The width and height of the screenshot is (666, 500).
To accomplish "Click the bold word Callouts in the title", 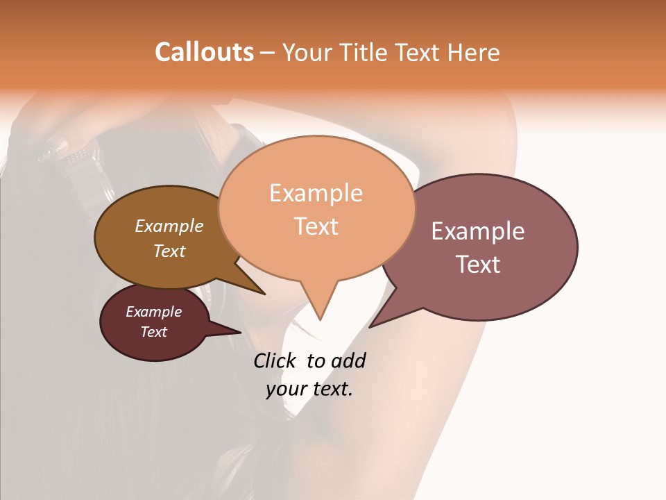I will coord(204,52).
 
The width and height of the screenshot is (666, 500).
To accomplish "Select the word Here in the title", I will coord(474,52).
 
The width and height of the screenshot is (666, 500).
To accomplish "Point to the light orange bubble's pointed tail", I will coord(320,309).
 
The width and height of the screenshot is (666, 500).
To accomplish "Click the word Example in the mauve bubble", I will coord(478,231).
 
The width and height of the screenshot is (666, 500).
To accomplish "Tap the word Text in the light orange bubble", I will coord(316,226).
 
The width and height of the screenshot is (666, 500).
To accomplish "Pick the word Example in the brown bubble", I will coord(169,226).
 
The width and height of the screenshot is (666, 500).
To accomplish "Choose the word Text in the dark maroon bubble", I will coord(154,332).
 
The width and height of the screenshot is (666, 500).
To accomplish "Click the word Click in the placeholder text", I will coord(274,360).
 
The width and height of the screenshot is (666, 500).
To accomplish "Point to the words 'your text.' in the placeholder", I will coord(309,389).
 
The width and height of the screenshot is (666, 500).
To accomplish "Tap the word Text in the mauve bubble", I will coord(479,264).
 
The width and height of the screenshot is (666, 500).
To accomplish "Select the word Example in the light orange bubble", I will coord(316,193).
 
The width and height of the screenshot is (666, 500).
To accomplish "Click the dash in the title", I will coord(268,53).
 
